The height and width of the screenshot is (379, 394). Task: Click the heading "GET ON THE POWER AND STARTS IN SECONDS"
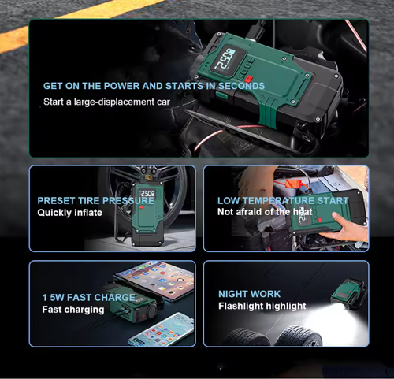[x=154, y=86]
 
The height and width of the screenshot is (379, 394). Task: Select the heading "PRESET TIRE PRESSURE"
[x=95, y=200]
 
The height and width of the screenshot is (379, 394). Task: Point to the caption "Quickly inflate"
[x=69, y=213]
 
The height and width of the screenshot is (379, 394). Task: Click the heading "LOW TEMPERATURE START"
[x=283, y=200]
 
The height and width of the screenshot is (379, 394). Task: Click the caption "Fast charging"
[x=72, y=310]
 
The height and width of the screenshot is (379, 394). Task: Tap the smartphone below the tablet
[x=162, y=329]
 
